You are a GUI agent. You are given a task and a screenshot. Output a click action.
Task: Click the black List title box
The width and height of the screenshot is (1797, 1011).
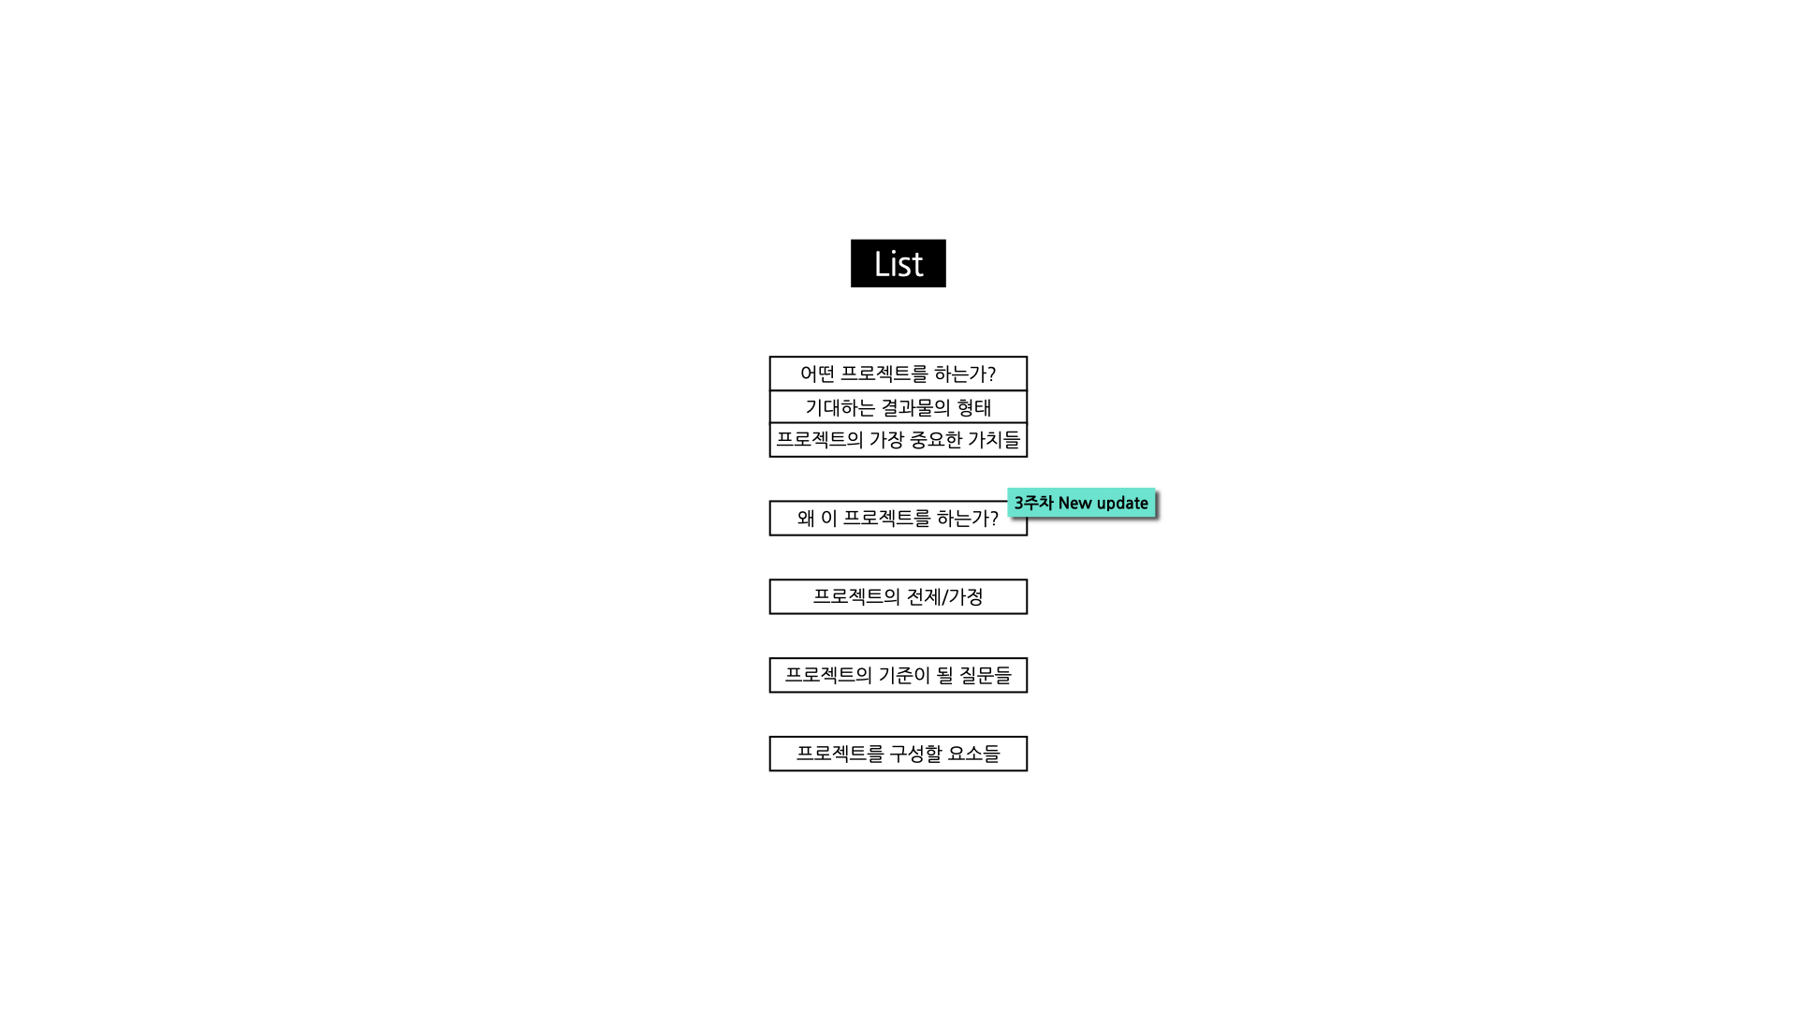898,263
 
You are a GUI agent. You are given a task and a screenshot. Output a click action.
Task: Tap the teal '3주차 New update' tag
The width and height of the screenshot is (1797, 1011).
1081,503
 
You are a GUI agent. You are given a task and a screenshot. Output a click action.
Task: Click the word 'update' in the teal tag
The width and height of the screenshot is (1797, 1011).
1121,504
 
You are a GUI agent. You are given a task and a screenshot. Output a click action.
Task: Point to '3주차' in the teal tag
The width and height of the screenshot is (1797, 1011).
1033,503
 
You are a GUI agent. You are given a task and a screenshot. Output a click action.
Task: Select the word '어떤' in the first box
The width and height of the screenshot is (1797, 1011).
817,374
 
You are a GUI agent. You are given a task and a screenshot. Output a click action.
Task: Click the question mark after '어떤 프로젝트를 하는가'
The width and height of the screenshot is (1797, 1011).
991,374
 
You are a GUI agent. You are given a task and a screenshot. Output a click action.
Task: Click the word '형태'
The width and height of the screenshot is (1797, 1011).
974,407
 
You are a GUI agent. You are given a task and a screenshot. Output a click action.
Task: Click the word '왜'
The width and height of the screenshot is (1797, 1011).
806,518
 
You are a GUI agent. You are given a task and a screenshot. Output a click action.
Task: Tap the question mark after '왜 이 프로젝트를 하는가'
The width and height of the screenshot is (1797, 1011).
994,518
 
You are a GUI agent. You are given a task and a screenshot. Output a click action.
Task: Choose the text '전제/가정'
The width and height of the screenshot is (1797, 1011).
944,596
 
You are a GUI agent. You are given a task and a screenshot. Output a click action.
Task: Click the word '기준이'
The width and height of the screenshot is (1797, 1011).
903,675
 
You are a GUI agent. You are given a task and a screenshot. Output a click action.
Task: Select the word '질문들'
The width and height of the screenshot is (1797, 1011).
986,675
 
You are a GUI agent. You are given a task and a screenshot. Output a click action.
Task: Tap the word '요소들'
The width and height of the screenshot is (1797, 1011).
974,754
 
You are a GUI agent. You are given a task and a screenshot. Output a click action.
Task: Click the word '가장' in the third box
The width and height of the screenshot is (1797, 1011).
886,439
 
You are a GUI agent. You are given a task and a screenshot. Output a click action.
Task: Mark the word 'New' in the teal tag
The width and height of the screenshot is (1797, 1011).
1074,503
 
